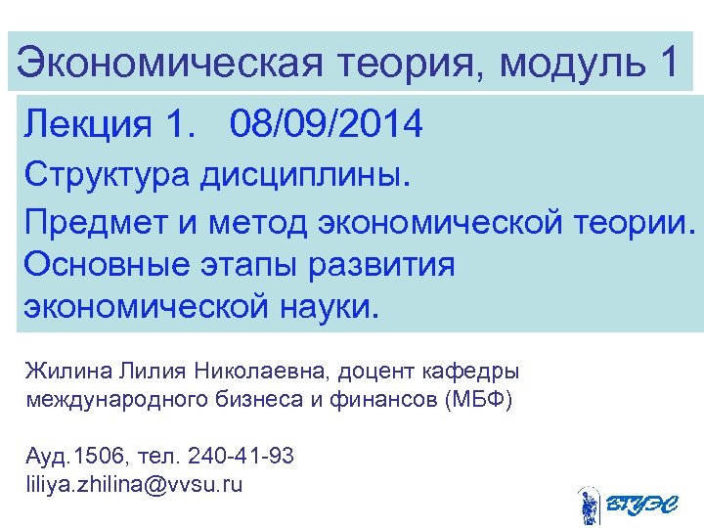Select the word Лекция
90,125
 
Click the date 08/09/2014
327,125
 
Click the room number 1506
98,457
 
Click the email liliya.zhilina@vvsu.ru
133,484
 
